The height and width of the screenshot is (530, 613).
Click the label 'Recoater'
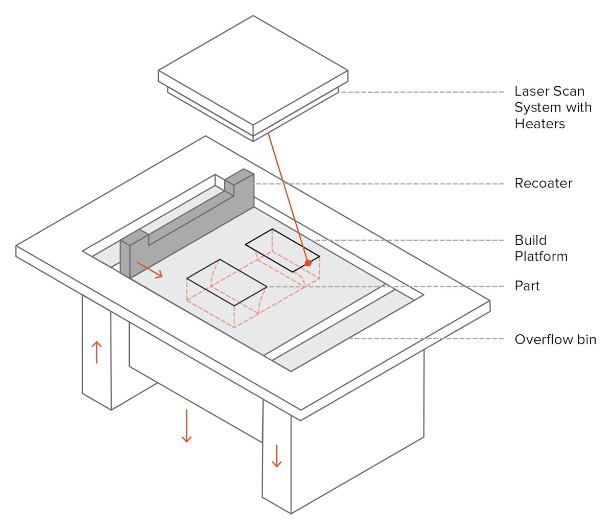pos(543,183)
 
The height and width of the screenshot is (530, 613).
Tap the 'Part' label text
pos(527,286)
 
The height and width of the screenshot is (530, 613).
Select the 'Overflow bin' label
pos(555,340)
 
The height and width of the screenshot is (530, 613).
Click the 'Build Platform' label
pos(540,248)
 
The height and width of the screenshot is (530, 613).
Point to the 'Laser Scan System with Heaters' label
pos(552,107)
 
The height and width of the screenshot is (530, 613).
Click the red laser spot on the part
pos(308,263)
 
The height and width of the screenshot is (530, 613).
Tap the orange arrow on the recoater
pos(150,270)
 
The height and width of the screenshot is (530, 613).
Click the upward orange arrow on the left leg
pos(97,352)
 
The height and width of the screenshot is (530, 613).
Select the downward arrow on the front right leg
pos(276,456)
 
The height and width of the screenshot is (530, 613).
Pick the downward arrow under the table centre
pos(186,425)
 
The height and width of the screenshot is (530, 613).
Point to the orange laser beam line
pos(288,197)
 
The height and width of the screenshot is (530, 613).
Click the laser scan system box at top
pos(253,72)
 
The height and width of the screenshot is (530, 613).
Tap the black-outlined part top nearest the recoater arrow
pos(226,282)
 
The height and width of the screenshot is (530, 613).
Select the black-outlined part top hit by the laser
pos(282,249)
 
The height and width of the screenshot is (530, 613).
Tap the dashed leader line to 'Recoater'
pos(378,183)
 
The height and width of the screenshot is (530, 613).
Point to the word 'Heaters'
pos(539,124)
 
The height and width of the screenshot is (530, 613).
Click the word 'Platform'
pos(541,257)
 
